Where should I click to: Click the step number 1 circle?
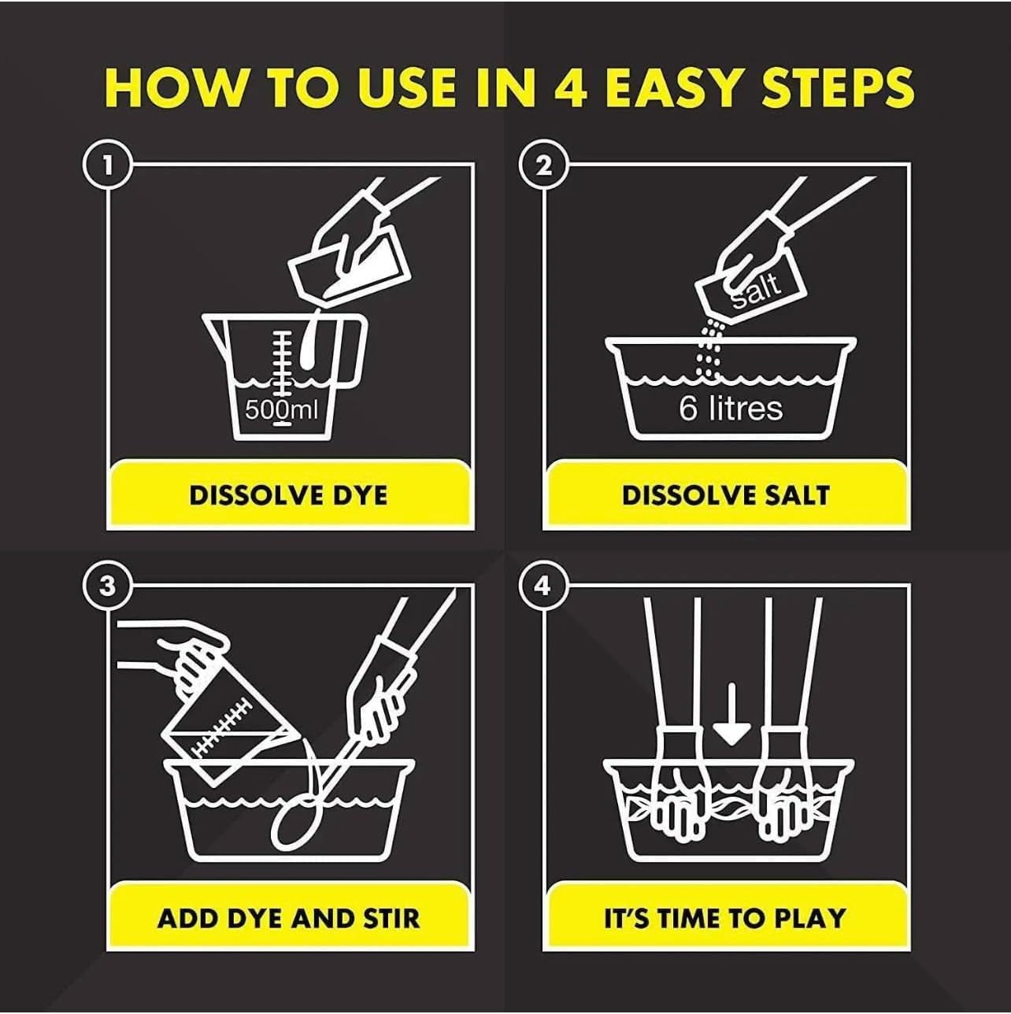(107, 165)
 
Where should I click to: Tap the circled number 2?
(543, 165)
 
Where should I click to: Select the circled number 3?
(107, 586)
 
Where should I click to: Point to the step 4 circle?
(543, 586)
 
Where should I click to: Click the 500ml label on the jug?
(282, 409)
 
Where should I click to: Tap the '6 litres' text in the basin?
(731, 409)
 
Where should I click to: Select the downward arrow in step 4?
(731, 714)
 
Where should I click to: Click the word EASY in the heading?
(679, 87)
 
